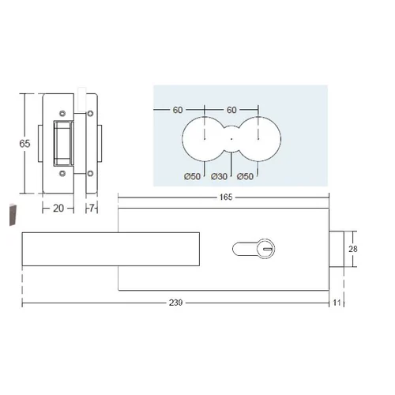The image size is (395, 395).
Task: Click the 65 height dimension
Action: click(24, 144)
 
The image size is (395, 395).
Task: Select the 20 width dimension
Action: click(58, 209)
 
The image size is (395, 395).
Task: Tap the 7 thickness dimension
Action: click(92, 209)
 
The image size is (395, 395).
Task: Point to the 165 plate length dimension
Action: click(226, 197)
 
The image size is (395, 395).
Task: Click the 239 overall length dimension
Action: click(175, 303)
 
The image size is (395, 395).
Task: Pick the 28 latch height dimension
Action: click(353, 249)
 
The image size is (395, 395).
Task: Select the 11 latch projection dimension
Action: click(337, 303)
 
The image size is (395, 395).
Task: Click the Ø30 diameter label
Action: click(219, 176)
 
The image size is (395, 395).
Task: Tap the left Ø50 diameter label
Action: click(192, 176)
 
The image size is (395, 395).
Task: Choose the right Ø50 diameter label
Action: click(245, 176)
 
